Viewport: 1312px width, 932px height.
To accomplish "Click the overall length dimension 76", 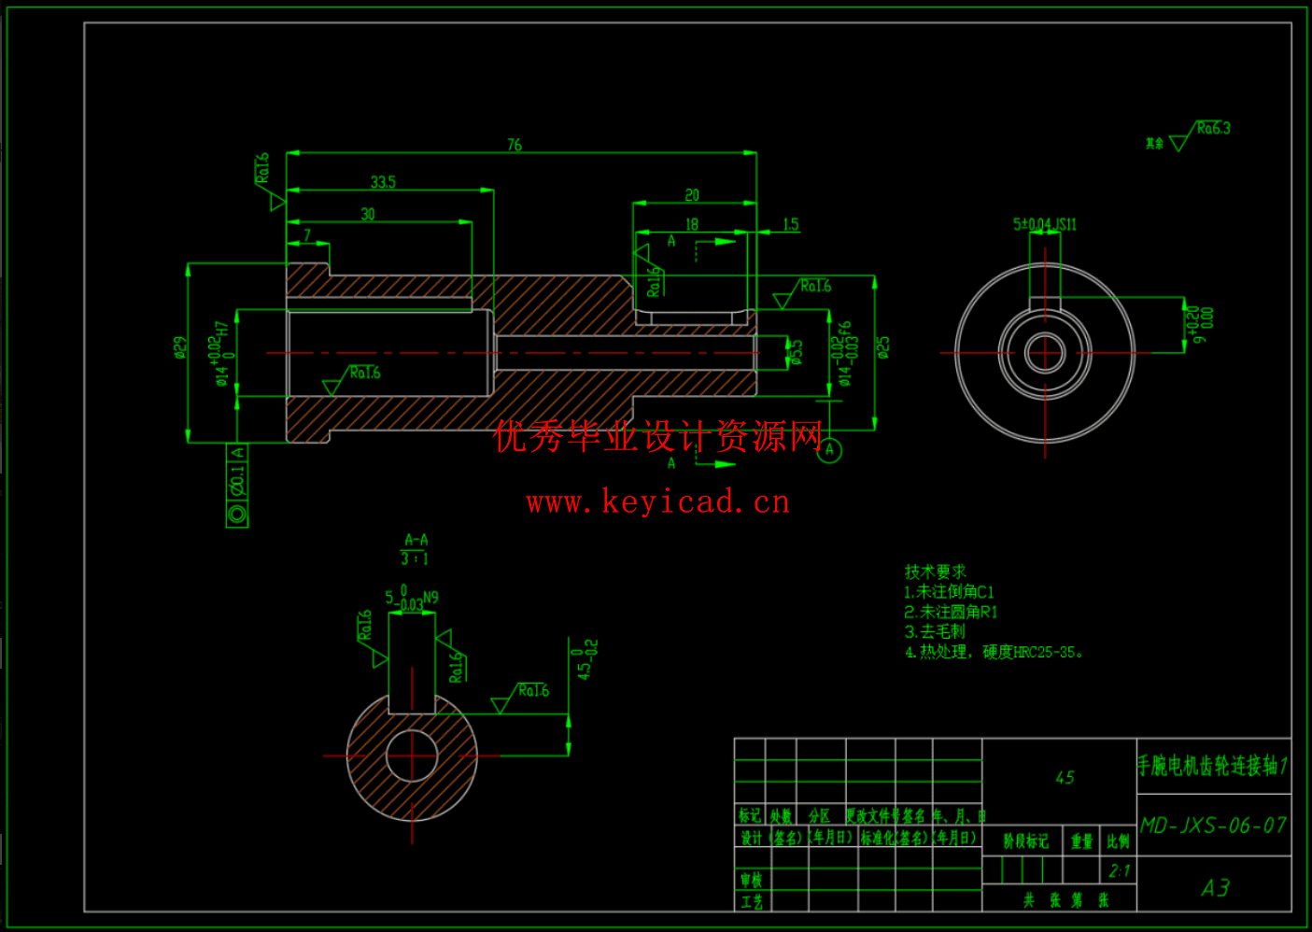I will pos(515,145).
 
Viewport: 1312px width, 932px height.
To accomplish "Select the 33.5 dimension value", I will pos(383,182).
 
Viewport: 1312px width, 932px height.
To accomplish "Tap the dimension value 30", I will pos(368,214).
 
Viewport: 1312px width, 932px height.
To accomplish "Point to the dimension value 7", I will pos(307,235).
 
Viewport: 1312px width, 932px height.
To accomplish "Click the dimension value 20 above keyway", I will pos(692,195).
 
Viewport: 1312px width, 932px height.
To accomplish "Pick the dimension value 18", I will pos(692,224).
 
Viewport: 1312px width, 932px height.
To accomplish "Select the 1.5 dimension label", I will pos(790,224).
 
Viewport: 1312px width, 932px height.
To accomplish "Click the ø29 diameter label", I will pos(180,348).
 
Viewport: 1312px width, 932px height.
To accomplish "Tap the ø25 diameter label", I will pos(883,347).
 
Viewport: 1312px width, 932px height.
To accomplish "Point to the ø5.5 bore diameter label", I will pos(797,352).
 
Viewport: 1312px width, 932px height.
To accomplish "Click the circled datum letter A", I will pos(829,450).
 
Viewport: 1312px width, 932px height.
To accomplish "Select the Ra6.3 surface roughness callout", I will pos(1213,129).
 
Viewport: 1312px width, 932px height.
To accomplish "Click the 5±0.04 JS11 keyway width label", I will pos(1044,224).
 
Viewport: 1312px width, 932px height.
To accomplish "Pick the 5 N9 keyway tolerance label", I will pos(411,598).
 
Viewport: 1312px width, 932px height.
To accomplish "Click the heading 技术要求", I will pos(935,572).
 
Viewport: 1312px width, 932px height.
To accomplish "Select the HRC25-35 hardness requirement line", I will pos(994,652).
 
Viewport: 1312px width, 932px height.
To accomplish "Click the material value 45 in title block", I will pos(1065,777).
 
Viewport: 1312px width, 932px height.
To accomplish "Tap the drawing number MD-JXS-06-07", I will pos(1213,826).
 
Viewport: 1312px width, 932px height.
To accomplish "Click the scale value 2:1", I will pos(1119,871).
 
